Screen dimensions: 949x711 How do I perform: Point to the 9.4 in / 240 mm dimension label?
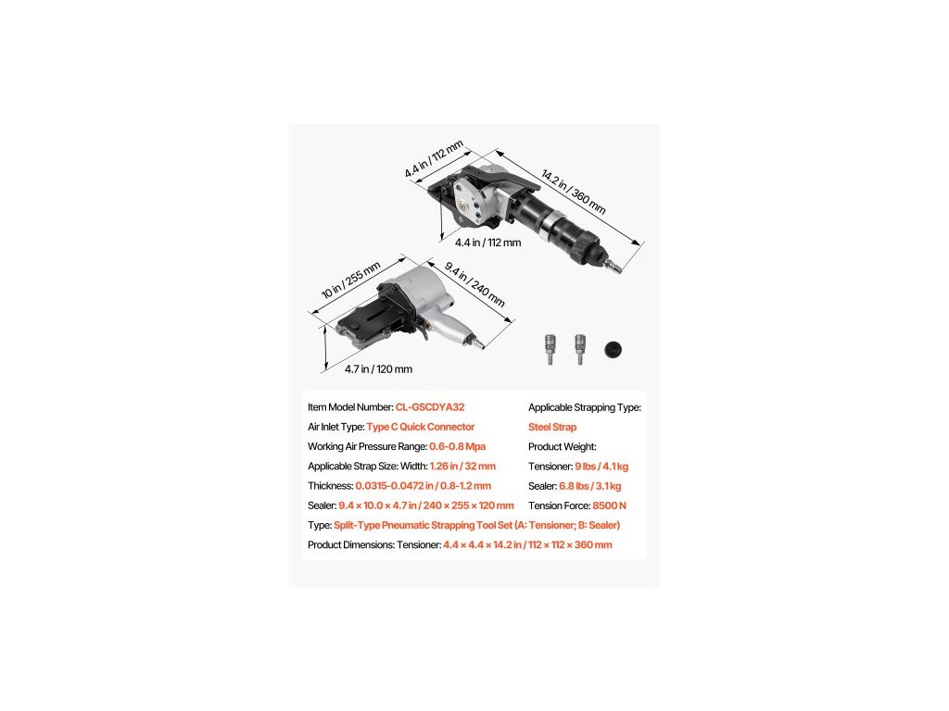pyautogui.click(x=474, y=285)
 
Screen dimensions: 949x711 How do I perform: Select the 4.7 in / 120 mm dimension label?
pyautogui.click(x=378, y=368)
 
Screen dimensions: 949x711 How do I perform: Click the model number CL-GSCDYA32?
pyautogui.click(x=430, y=407)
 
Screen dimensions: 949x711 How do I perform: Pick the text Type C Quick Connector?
pyautogui.click(x=421, y=427)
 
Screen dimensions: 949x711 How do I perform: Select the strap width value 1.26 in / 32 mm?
pyautogui.click(x=462, y=467)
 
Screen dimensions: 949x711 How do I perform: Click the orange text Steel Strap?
pyautogui.click(x=552, y=427)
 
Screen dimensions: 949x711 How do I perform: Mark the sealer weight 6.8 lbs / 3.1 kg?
pyautogui.click(x=587, y=486)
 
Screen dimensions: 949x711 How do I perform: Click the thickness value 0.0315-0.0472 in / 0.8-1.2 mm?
pyautogui.click(x=423, y=486)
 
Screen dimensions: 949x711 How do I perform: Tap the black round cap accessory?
pyautogui.click(x=612, y=349)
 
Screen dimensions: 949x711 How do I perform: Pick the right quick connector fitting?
pyautogui.click(x=579, y=349)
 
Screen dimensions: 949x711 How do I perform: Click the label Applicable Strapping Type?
pyautogui.click(x=585, y=407)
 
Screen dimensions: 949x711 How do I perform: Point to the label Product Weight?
pyautogui.click(x=563, y=446)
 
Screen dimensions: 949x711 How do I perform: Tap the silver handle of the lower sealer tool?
pyautogui.click(x=449, y=331)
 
